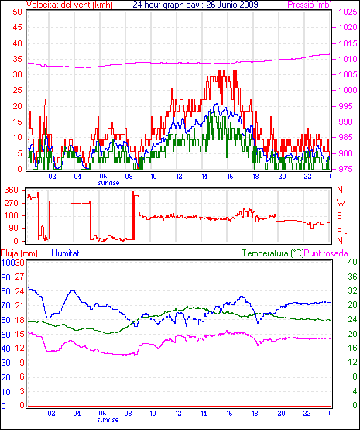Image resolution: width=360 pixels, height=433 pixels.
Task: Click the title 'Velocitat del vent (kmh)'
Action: pos(70,5)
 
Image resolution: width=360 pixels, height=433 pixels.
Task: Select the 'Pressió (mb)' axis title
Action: pos(310,5)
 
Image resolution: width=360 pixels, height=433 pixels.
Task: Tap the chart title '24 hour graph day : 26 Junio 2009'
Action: pos(195,5)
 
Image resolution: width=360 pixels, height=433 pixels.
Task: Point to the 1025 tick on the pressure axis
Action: pos(348,12)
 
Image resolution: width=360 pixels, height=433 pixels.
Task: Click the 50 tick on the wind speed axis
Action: pos(17,12)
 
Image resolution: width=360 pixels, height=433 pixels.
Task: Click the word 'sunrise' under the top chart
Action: pos(108,183)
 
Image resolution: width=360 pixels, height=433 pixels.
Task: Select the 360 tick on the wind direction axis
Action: pos(11,190)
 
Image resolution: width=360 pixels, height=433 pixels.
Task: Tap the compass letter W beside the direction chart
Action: pos(341,203)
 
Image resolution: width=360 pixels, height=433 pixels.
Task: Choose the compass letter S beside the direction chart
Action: pos(340,215)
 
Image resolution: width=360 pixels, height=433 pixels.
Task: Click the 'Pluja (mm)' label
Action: pos(19,253)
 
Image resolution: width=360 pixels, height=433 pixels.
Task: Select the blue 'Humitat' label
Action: pos(66,253)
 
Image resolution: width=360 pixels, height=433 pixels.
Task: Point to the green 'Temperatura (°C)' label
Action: pos(273,253)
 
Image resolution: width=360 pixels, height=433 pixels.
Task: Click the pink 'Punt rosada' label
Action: pos(326,253)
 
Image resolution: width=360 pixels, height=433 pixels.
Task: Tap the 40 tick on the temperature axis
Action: pos(352,262)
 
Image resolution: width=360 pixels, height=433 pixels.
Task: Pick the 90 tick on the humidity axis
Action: pos(5,277)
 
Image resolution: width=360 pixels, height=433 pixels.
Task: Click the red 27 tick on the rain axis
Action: pos(19,277)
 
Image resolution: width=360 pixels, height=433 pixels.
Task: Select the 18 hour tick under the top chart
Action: pos(256,176)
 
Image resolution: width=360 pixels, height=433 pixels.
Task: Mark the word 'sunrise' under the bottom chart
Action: pos(108,420)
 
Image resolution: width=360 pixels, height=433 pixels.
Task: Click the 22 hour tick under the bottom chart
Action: pos(307,414)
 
